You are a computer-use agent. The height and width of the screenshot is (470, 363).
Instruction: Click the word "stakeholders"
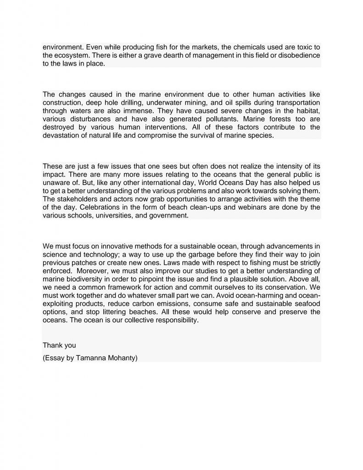pyautogui.click(x=80, y=199)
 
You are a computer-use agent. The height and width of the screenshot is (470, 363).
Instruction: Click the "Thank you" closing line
pyautogui.click(x=59, y=345)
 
